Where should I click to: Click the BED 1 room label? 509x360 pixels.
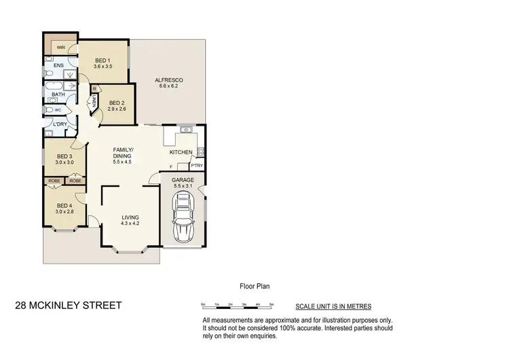click(x=103, y=60)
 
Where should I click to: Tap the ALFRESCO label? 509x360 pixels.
click(x=170, y=80)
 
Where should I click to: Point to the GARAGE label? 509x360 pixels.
click(x=184, y=180)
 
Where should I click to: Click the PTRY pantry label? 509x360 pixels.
click(x=196, y=166)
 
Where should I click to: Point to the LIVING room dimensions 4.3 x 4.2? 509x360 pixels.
click(x=130, y=223)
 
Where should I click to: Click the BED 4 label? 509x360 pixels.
click(x=64, y=206)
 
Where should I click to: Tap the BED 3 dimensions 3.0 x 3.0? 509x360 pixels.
click(x=64, y=162)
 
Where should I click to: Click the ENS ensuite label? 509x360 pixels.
click(x=59, y=66)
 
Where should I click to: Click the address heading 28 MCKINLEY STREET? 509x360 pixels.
click(x=69, y=306)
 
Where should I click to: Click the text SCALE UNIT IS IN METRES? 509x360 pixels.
click(x=333, y=306)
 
